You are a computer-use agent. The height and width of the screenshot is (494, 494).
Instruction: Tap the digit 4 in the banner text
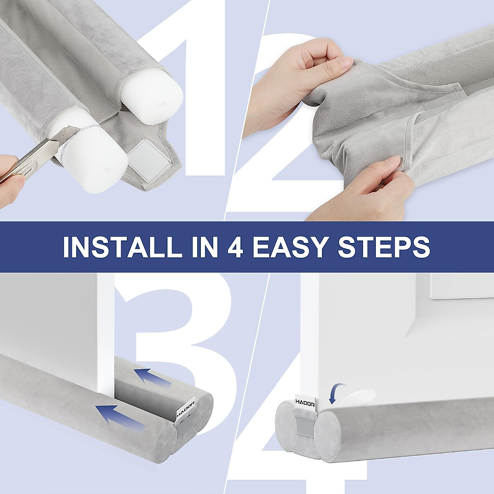(x=235, y=247)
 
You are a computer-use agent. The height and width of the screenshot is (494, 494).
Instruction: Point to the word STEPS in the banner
(x=384, y=247)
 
